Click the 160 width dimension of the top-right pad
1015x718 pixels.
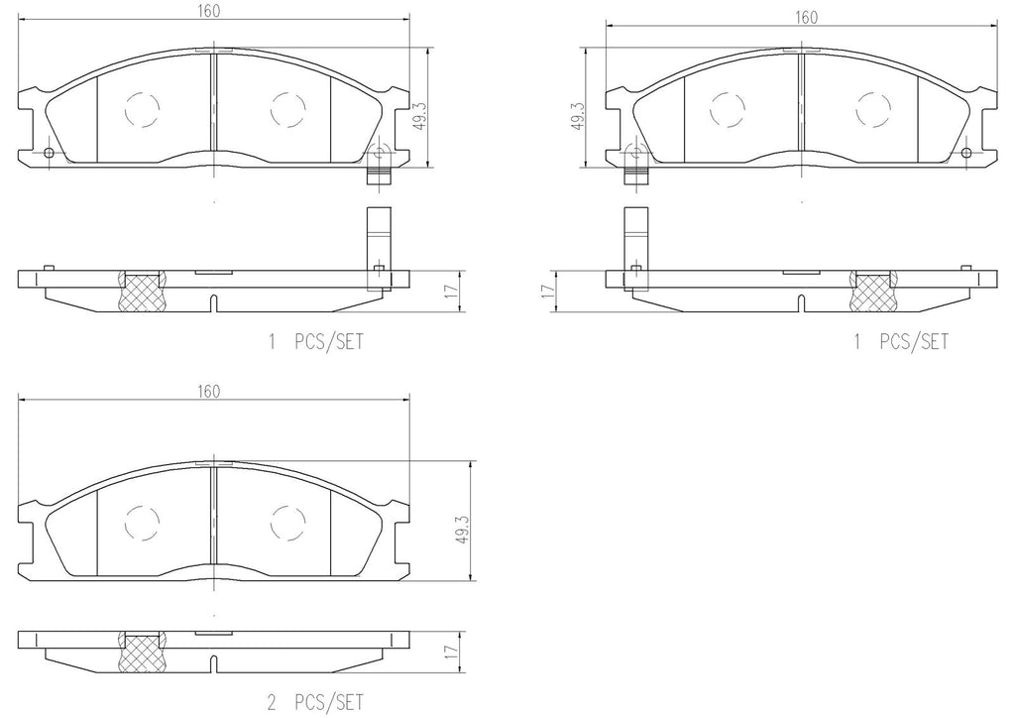click(x=806, y=17)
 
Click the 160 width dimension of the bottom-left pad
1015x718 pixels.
click(x=208, y=391)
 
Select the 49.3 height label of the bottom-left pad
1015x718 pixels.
click(x=462, y=529)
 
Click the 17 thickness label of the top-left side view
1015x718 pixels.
click(x=453, y=290)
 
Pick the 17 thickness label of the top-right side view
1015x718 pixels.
click(x=548, y=291)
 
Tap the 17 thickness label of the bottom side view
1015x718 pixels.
click(x=452, y=650)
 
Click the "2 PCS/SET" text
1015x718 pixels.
click(x=315, y=702)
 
